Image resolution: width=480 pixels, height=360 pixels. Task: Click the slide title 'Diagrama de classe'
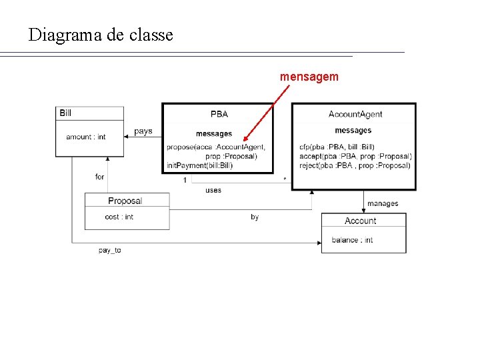point(101,35)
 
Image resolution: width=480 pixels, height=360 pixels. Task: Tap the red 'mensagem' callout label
point(309,77)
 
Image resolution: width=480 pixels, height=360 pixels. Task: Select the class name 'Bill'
point(65,113)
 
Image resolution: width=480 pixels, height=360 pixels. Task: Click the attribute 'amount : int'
point(85,137)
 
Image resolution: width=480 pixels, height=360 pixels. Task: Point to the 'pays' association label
point(143,131)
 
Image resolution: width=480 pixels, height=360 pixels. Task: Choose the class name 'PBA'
point(219,114)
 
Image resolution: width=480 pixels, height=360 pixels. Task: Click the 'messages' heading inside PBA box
point(214,134)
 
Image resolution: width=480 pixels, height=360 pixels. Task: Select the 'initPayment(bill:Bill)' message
point(199,165)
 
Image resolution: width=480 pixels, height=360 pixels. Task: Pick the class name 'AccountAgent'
point(355,114)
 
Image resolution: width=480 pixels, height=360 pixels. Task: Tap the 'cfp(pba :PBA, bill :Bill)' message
point(337,147)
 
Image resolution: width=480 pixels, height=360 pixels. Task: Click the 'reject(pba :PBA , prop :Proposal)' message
point(355,165)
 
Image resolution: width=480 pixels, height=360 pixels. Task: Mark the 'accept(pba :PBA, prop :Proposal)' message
point(355,156)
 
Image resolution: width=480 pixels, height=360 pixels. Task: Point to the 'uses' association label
point(213,190)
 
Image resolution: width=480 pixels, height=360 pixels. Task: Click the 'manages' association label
point(383,203)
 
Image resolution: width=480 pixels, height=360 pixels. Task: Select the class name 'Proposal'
point(125,201)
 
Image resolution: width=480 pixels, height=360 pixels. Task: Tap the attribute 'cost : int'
point(119,217)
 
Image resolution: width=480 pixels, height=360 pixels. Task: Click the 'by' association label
point(255,217)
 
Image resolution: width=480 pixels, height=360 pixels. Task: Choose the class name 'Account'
point(360,221)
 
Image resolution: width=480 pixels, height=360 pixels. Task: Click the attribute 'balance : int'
point(352,240)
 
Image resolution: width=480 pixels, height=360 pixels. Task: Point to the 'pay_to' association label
point(109,250)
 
